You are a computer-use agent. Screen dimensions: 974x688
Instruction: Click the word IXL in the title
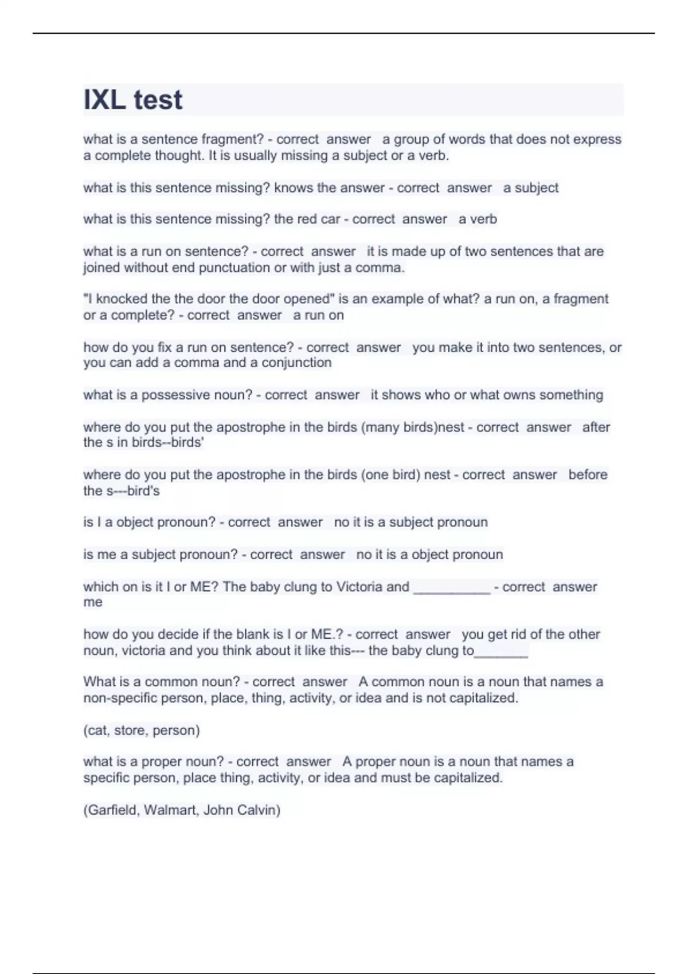104,100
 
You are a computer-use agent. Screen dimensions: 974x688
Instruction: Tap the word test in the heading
158,100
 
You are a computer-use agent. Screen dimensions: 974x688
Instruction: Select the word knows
293,188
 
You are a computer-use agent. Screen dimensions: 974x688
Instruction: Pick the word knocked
121,299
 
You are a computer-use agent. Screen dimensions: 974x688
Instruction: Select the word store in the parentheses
129,731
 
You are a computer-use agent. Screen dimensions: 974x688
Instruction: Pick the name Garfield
112,810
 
